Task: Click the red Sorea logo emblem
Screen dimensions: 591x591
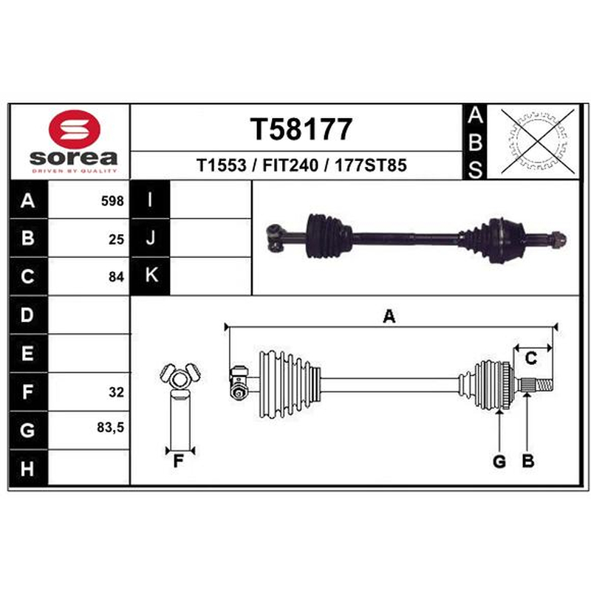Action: (75, 129)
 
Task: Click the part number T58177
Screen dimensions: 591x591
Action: (301, 129)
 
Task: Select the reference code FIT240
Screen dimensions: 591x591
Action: (290, 165)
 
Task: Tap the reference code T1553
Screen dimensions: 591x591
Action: (221, 165)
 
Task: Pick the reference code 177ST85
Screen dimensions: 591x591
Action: (371, 165)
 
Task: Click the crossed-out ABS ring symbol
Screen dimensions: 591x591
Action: (538, 141)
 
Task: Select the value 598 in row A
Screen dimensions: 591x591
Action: (112, 201)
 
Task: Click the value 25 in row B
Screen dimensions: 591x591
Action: (116, 239)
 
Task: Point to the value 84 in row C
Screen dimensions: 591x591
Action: (116, 277)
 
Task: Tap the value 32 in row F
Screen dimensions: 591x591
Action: (116, 392)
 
